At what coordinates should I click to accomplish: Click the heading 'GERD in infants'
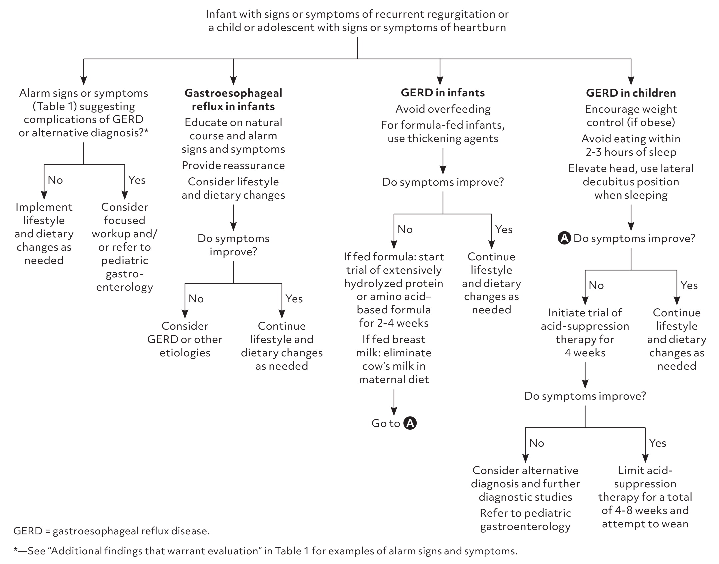pos(443,93)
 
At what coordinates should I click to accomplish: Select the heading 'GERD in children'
pos(631,93)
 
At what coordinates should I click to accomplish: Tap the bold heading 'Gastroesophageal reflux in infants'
pos(233,100)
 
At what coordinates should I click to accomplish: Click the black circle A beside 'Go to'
pos(410,423)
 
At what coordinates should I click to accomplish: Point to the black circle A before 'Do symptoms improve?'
pos(564,238)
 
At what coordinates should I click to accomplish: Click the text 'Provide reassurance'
pos(233,165)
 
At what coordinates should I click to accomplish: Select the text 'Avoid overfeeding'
pos(443,109)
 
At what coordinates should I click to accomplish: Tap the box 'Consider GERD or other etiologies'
pos(185,339)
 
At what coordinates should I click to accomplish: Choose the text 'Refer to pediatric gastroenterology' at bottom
pos(525,520)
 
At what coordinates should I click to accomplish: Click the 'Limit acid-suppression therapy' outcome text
pos(645,497)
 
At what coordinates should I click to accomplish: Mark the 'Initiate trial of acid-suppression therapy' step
pos(585,333)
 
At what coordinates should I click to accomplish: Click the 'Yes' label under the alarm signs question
pos(137,180)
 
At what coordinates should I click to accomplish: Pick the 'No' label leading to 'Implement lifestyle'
pos(55,180)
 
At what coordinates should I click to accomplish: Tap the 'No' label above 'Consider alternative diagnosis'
pos(537,443)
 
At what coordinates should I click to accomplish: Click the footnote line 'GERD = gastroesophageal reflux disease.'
pos(112,531)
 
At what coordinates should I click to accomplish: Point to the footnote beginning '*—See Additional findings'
pos(265,551)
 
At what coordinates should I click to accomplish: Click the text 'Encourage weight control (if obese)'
pos(631,116)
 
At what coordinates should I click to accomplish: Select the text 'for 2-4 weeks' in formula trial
pos(394,323)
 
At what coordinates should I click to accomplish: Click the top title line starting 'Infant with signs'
pos(357,14)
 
